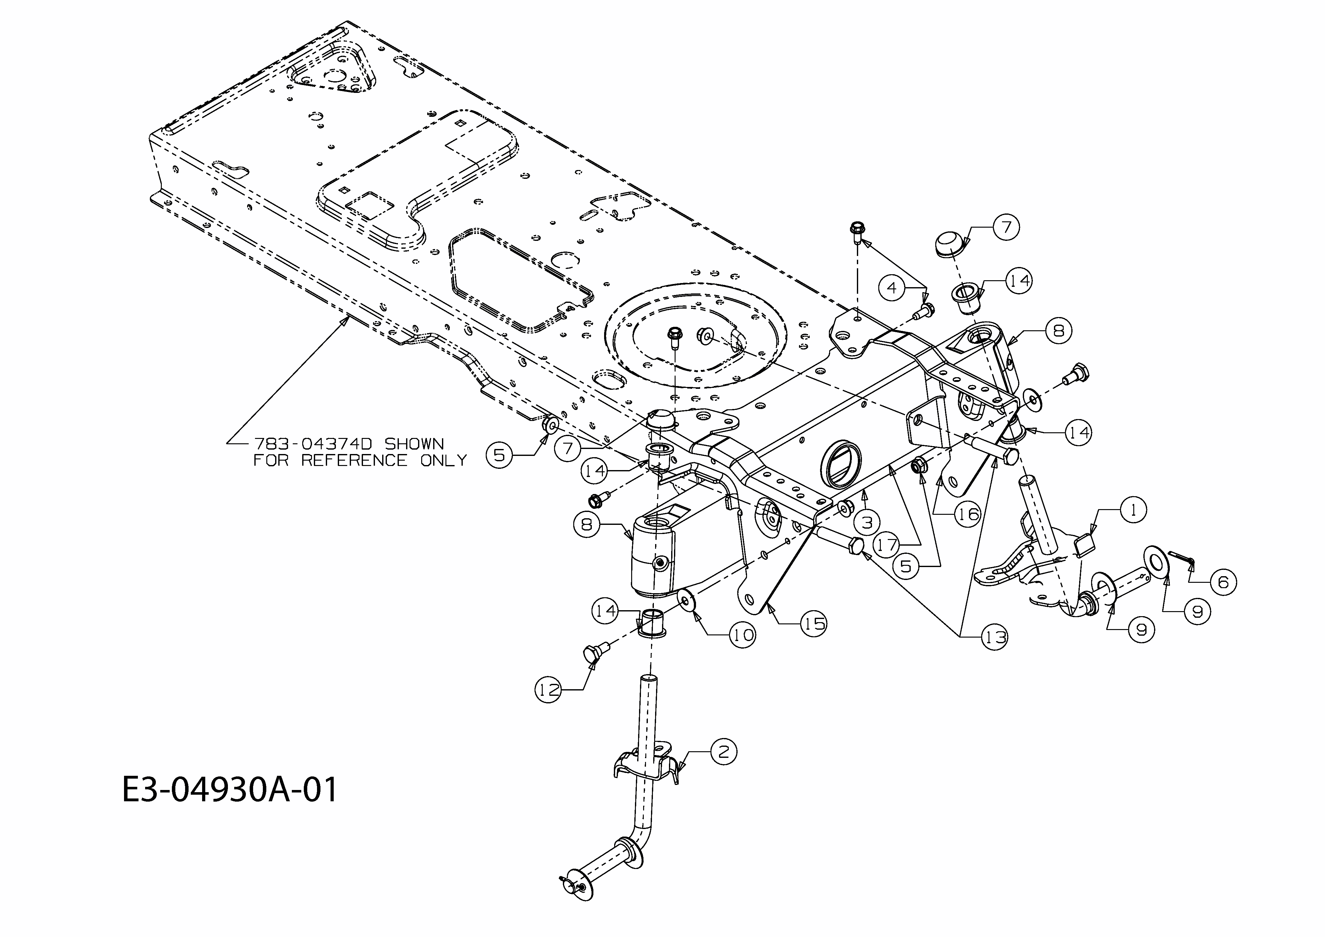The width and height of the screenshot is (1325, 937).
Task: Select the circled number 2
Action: [724, 752]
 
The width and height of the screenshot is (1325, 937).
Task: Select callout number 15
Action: [814, 623]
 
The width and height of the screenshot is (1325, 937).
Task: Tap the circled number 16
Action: [968, 513]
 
